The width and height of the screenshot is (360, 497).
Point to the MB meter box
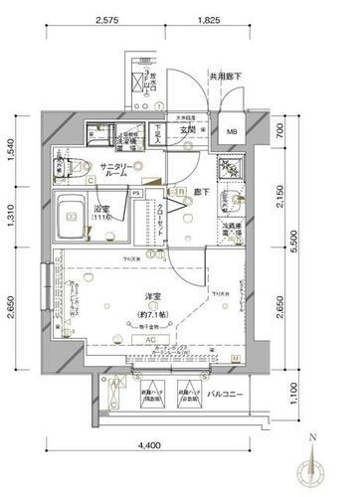232,133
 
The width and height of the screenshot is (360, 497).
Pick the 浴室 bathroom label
103,210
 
